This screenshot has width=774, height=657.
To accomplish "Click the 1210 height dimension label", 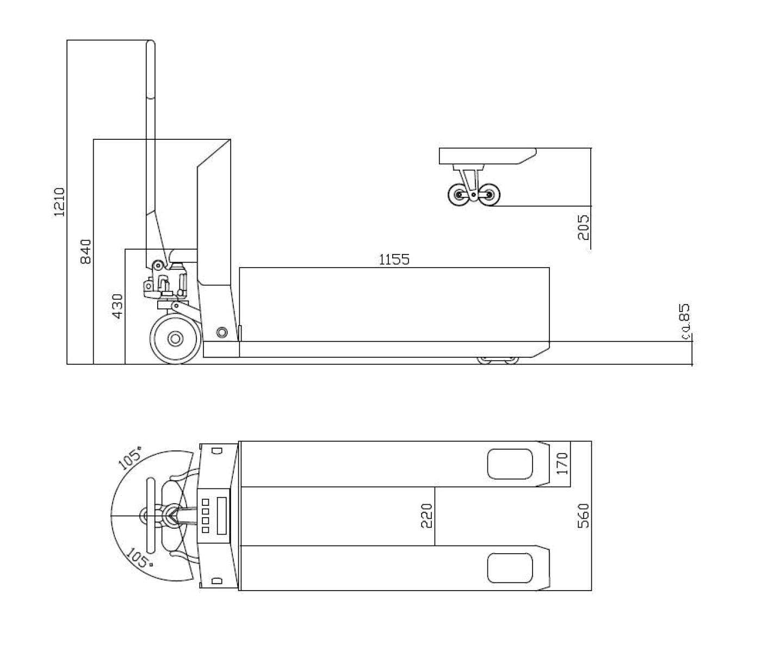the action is [59, 202].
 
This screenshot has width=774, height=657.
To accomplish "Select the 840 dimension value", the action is [86, 251].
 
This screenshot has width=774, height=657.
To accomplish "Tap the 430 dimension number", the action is [117, 306].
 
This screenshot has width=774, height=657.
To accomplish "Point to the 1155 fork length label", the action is [394, 259].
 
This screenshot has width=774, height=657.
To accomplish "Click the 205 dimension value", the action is [584, 227].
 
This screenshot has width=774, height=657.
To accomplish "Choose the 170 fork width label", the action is [562, 463].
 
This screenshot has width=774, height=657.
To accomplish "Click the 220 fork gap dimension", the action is [426, 516].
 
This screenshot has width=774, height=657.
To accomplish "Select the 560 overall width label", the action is [584, 516].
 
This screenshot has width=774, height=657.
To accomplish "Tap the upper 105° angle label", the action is [130, 457].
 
